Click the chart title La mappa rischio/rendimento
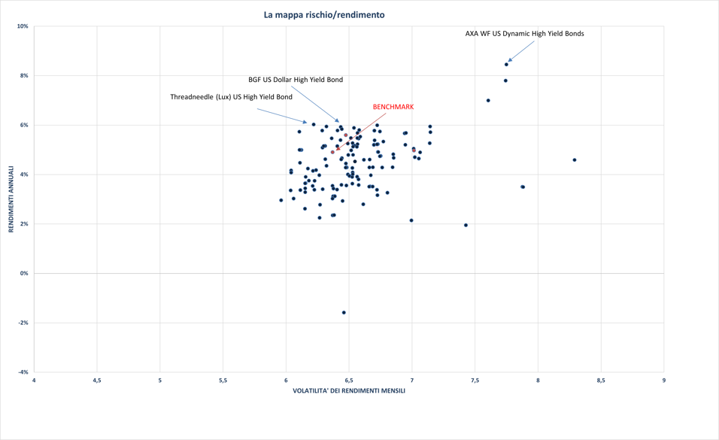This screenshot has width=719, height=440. click(x=324, y=14)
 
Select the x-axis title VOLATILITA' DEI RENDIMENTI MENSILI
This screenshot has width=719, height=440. click(x=349, y=390)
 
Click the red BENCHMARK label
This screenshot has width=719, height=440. click(x=393, y=107)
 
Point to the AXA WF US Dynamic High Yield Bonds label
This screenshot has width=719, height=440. click(x=524, y=34)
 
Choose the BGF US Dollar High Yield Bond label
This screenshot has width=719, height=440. click(x=296, y=80)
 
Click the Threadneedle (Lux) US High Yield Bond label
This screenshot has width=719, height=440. click(x=231, y=97)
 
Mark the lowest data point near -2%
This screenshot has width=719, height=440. click(x=344, y=312)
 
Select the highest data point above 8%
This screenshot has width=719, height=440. click(x=506, y=65)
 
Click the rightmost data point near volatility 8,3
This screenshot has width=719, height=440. click(x=575, y=160)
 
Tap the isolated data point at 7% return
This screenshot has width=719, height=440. click(x=488, y=101)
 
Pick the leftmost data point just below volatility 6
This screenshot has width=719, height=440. click(x=281, y=200)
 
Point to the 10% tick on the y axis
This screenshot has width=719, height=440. click(x=23, y=26)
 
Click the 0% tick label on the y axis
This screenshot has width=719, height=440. click(x=24, y=274)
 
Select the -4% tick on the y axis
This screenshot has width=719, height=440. click(x=23, y=372)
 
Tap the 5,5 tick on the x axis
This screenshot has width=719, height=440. click(x=223, y=381)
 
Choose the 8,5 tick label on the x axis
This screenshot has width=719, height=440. click(x=600, y=381)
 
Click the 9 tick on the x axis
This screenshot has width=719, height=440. click(x=663, y=381)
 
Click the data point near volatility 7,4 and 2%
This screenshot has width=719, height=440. click(x=466, y=225)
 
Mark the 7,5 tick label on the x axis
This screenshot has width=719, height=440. click(x=475, y=381)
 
